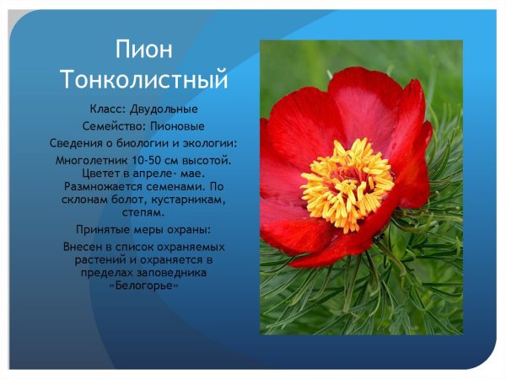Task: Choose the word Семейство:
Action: pyautogui.click(x=112, y=126)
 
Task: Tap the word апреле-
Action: pyautogui.click(x=165, y=173)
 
